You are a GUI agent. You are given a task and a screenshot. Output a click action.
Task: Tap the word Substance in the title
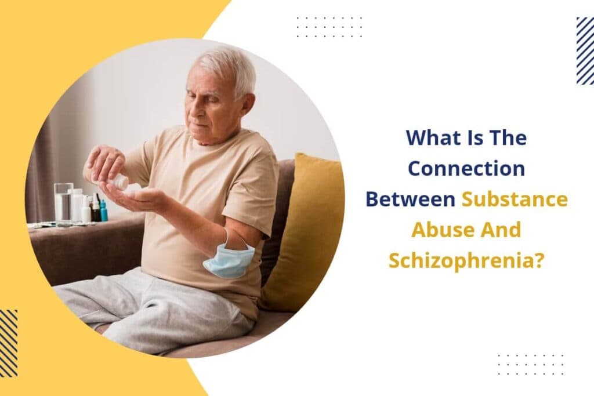click(x=514, y=199)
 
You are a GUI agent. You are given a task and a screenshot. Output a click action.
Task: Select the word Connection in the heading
click(x=466, y=169)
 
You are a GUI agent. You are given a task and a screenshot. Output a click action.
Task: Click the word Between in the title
click(x=410, y=199)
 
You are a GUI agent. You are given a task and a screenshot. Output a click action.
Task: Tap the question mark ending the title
click(x=539, y=260)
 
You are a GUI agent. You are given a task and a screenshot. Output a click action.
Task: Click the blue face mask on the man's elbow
click(x=229, y=260)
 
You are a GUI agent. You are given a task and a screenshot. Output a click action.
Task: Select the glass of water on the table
click(x=63, y=201)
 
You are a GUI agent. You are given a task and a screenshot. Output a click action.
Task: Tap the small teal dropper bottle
click(x=103, y=211)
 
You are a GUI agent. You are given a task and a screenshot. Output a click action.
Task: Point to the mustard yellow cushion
click(x=302, y=232)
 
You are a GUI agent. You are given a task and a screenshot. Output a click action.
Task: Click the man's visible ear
click(x=248, y=104)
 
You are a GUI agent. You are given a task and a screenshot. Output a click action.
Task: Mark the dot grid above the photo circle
click(x=329, y=27)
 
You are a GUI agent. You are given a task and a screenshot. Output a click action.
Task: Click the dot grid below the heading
click(x=530, y=364)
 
